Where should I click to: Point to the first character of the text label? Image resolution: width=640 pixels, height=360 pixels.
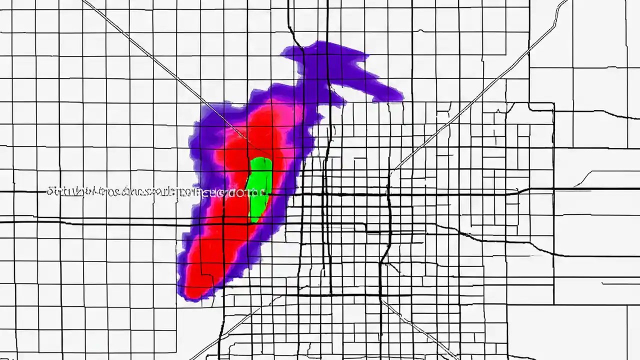pos(49,191)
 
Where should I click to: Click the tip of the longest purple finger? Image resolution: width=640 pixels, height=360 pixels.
pos(400,95)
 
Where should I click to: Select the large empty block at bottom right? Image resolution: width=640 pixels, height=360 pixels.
pos(595,330)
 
